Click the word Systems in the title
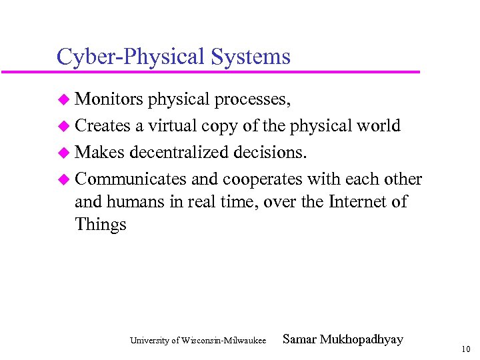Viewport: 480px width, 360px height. [x=251, y=56]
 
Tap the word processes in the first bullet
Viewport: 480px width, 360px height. [x=251, y=101]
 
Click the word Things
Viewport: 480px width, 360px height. [x=101, y=225]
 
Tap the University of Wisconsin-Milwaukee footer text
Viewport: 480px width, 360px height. [x=198, y=341]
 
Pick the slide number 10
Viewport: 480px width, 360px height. [x=465, y=349]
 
